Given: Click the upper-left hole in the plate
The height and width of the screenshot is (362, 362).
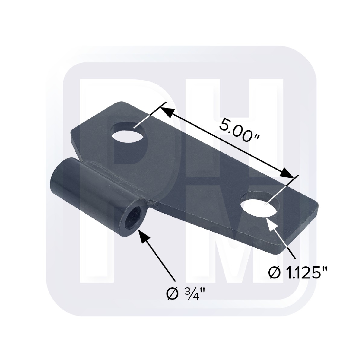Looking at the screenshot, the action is [x=129, y=132].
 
